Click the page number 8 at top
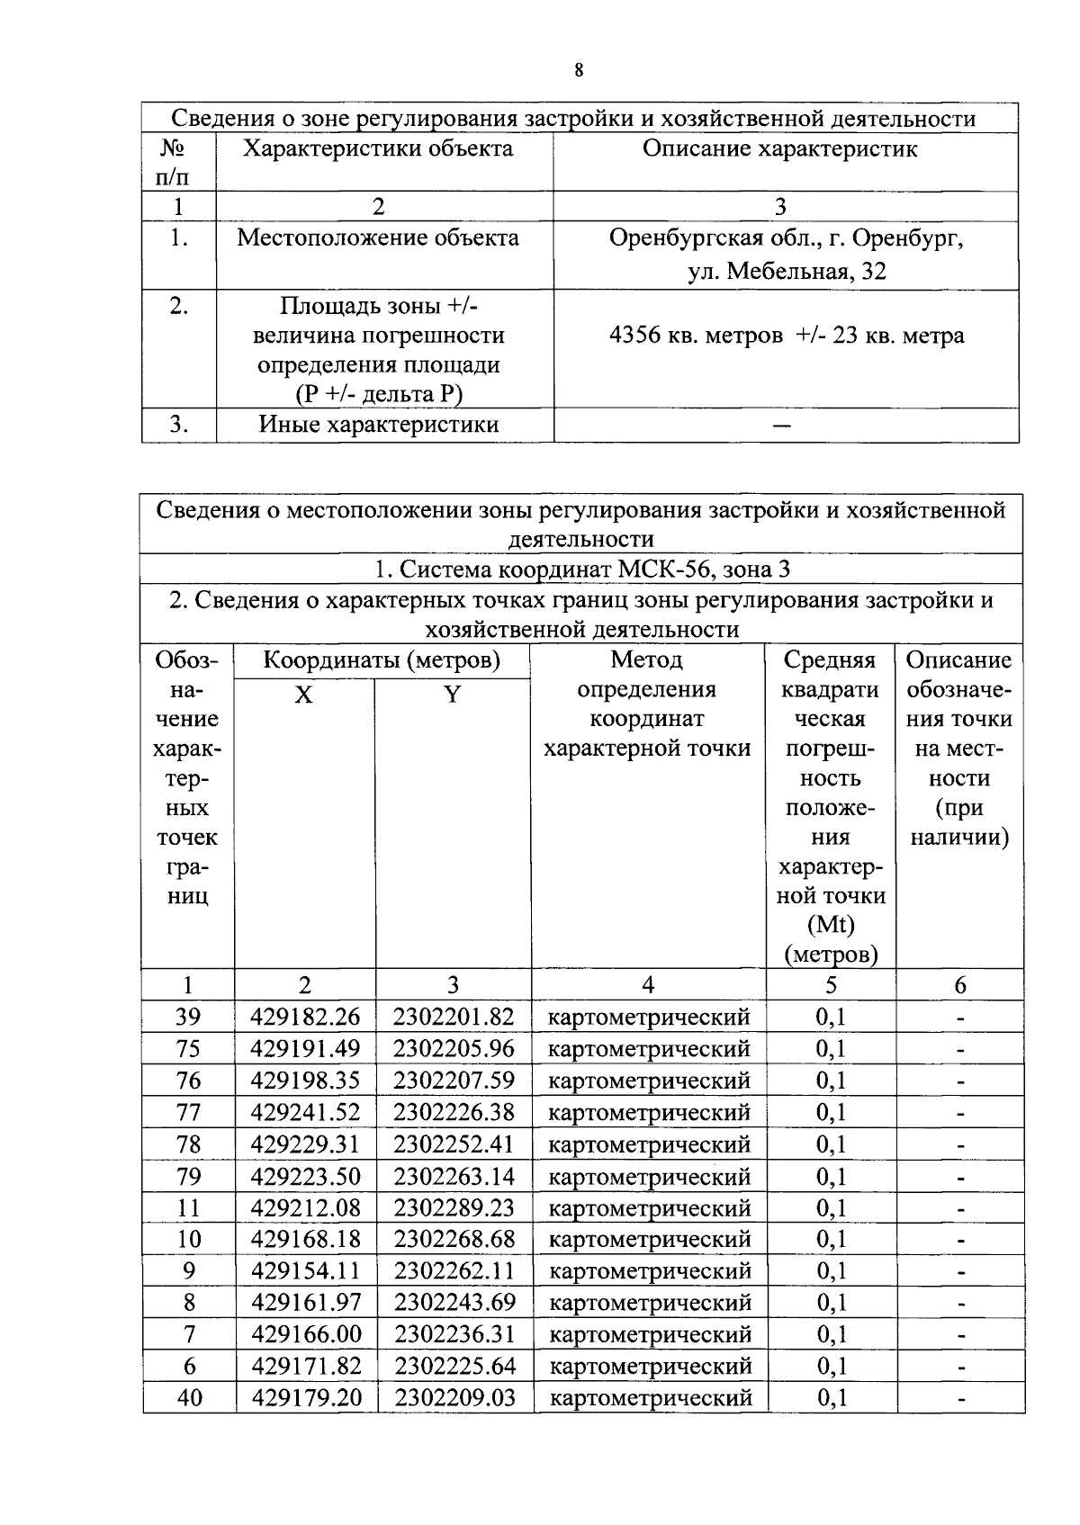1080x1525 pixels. click(578, 71)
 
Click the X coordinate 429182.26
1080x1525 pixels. click(305, 1017)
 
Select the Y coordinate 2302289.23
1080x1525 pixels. click(454, 1207)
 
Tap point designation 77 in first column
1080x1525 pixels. click(188, 1112)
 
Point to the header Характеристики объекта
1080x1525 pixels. click(378, 148)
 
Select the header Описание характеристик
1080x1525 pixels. click(779, 148)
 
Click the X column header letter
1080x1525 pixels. click(304, 695)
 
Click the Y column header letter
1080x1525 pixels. click(453, 695)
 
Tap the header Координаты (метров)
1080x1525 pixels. click(381, 660)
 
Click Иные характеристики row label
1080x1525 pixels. click(378, 425)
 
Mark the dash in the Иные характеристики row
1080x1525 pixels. click(781, 426)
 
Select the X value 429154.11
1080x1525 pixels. click(305, 1270)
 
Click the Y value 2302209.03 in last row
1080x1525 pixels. click(454, 1397)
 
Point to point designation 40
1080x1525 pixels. click(189, 1397)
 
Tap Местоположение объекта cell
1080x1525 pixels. click(378, 238)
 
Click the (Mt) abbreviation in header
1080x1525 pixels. click(830, 924)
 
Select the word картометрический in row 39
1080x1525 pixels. click(649, 1017)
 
